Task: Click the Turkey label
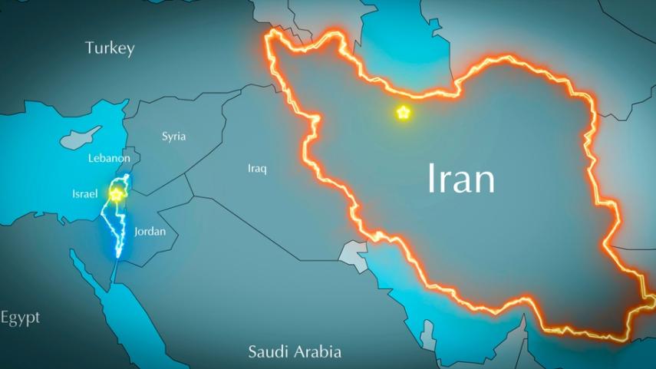coord(110,48)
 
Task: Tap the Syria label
coord(173,137)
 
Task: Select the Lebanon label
coord(109,158)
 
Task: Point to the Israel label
coord(85,194)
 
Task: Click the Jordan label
coord(150,231)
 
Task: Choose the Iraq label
coord(257,168)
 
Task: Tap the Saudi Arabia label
coord(295,352)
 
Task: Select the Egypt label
coord(20,318)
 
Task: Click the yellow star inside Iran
coord(403,113)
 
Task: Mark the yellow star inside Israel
coord(116,195)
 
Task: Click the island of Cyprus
coord(80,138)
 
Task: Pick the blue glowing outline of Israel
coord(120,230)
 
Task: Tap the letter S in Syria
coord(164,137)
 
